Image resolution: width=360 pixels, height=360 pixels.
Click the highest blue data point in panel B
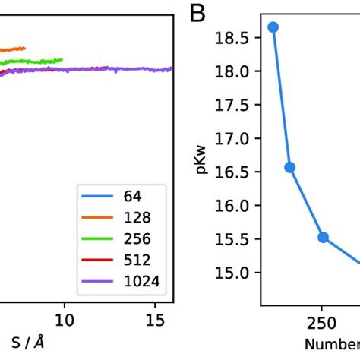click(273, 27)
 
